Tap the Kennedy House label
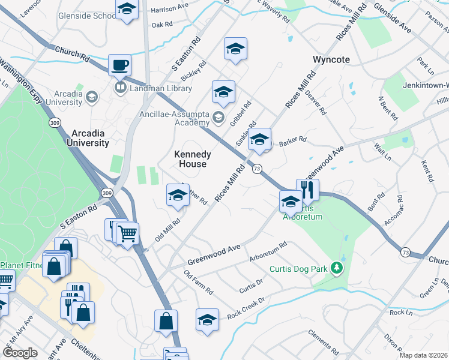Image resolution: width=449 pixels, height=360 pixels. coord(192,159)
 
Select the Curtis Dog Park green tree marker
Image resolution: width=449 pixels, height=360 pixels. coord(337,268)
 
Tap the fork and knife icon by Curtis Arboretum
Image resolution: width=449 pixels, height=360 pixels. coord(307,190)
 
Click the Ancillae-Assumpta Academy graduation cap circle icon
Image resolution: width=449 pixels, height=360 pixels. coord(217,116)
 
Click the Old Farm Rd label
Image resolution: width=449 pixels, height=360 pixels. coord(199,283)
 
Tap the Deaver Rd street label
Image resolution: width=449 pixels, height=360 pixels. coord(315,102)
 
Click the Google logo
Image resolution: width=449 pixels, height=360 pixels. coord(19,353)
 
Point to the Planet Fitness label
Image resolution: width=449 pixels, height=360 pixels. coord(20,266)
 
